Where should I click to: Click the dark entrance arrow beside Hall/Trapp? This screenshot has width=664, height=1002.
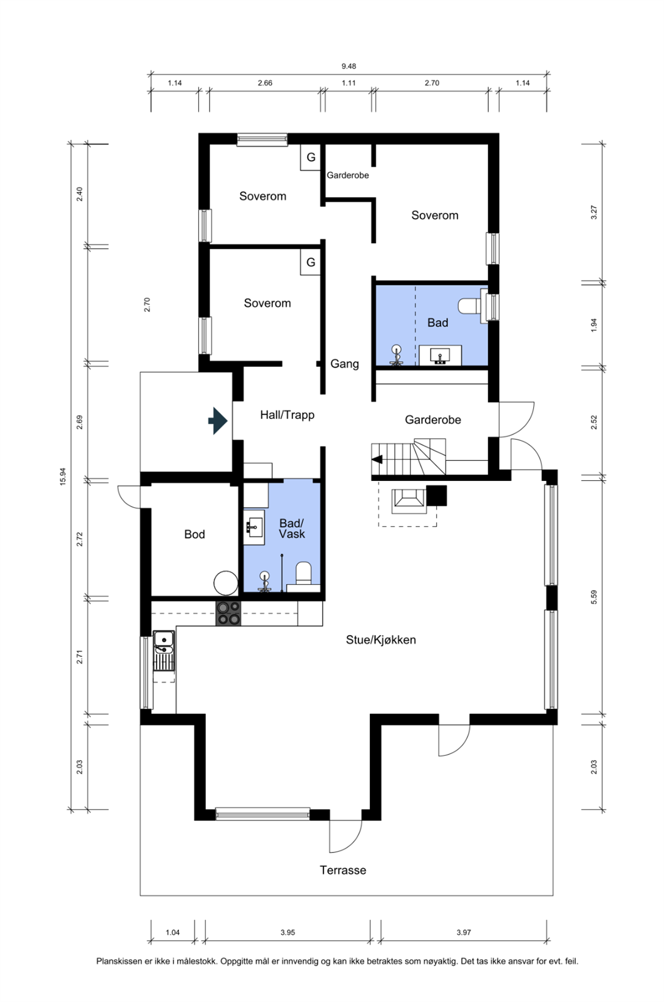click(x=218, y=421)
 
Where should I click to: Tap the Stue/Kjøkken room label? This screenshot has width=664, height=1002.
click(x=381, y=639)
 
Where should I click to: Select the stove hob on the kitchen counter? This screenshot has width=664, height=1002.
click(x=228, y=613)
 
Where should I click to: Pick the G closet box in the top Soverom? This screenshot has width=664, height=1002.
click(x=310, y=158)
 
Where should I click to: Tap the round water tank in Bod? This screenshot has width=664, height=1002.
click(x=226, y=583)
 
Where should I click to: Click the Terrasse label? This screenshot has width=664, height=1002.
click(x=342, y=870)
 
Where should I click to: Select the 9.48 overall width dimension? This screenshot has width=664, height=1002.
click(x=349, y=66)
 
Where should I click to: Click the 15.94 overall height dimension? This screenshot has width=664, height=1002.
click(x=63, y=477)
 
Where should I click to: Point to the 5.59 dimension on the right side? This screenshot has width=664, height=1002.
click(x=594, y=597)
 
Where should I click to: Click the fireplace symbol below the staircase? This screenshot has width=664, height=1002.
click(x=408, y=500)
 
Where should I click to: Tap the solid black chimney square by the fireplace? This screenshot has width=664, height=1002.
click(x=436, y=495)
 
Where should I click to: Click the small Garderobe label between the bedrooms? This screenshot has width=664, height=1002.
click(x=347, y=175)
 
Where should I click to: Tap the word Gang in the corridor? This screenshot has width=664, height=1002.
click(x=344, y=364)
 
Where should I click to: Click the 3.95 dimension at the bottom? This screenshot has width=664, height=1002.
click(x=287, y=932)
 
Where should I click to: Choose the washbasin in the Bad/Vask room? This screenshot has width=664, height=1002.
click(x=255, y=527)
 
